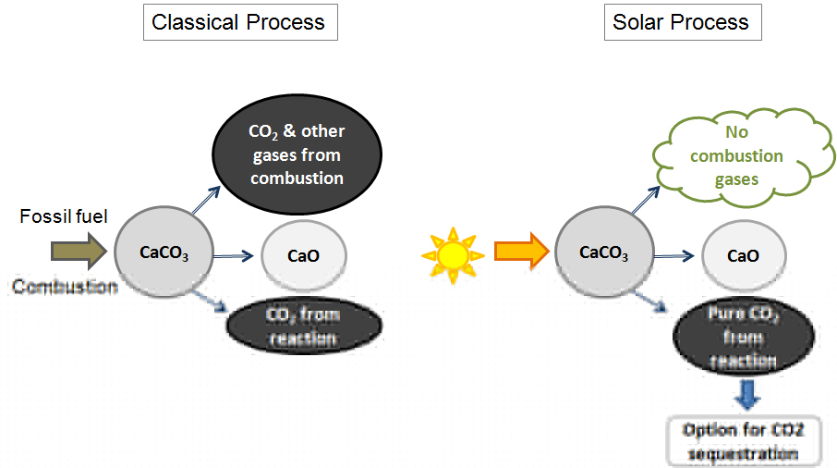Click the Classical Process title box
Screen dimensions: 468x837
pyautogui.click(x=238, y=22)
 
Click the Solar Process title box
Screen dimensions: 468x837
pyautogui.click(x=681, y=22)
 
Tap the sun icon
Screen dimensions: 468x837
pyautogui.click(x=452, y=252)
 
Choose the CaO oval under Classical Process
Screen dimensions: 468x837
pyautogui.click(x=304, y=255)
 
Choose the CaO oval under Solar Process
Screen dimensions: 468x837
pyautogui.click(x=744, y=255)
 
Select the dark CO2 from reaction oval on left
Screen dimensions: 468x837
pyautogui.click(x=304, y=326)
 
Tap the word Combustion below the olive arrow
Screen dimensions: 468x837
pyautogui.click(x=66, y=288)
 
